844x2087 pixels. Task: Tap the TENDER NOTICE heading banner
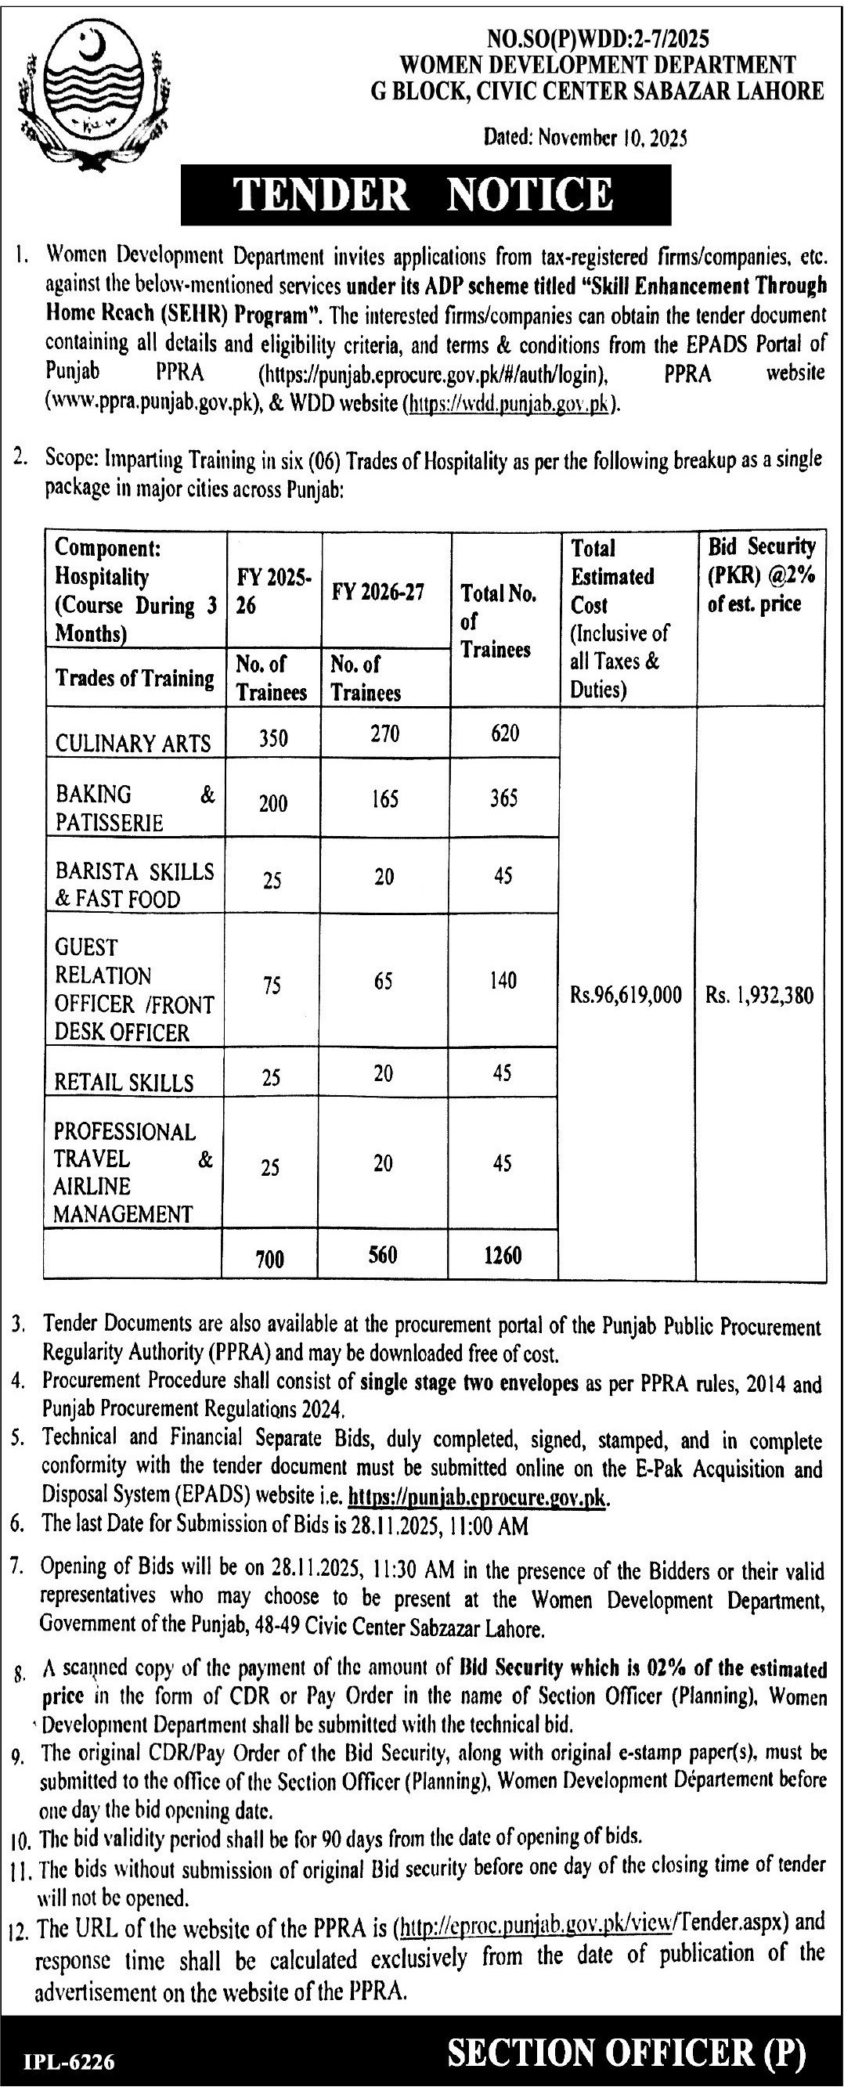click(425, 195)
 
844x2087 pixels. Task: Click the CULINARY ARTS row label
click(133, 742)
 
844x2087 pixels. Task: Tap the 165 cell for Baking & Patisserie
click(384, 799)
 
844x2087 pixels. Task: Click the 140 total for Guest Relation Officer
click(503, 981)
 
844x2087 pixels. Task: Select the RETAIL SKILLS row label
click(124, 1083)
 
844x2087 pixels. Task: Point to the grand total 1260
click(503, 1255)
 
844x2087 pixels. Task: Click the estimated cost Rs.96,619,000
click(626, 995)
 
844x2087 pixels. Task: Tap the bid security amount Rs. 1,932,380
click(759, 995)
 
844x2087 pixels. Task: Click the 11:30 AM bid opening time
click(411, 1573)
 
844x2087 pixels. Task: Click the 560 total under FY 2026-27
click(384, 1255)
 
